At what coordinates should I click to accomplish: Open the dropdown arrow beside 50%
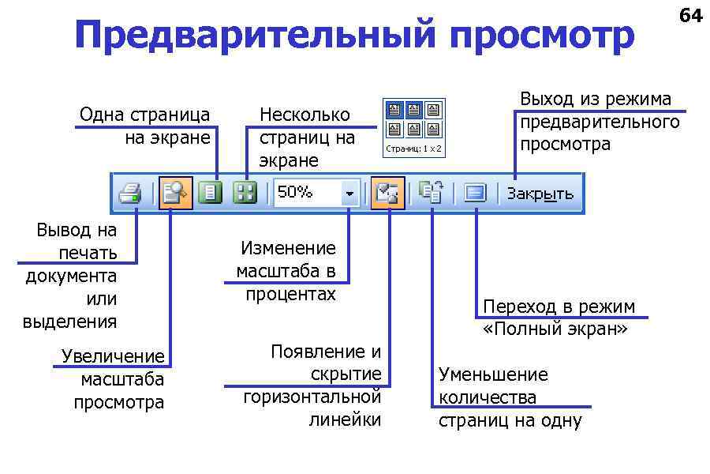point(349,194)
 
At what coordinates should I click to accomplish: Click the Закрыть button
point(540,194)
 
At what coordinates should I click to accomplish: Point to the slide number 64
point(690,15)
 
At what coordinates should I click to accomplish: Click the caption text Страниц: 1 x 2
point(413,149)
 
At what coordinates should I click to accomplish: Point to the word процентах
point(290,295)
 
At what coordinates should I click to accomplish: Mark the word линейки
point(345,419)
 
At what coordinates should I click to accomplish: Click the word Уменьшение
point(493,374)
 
